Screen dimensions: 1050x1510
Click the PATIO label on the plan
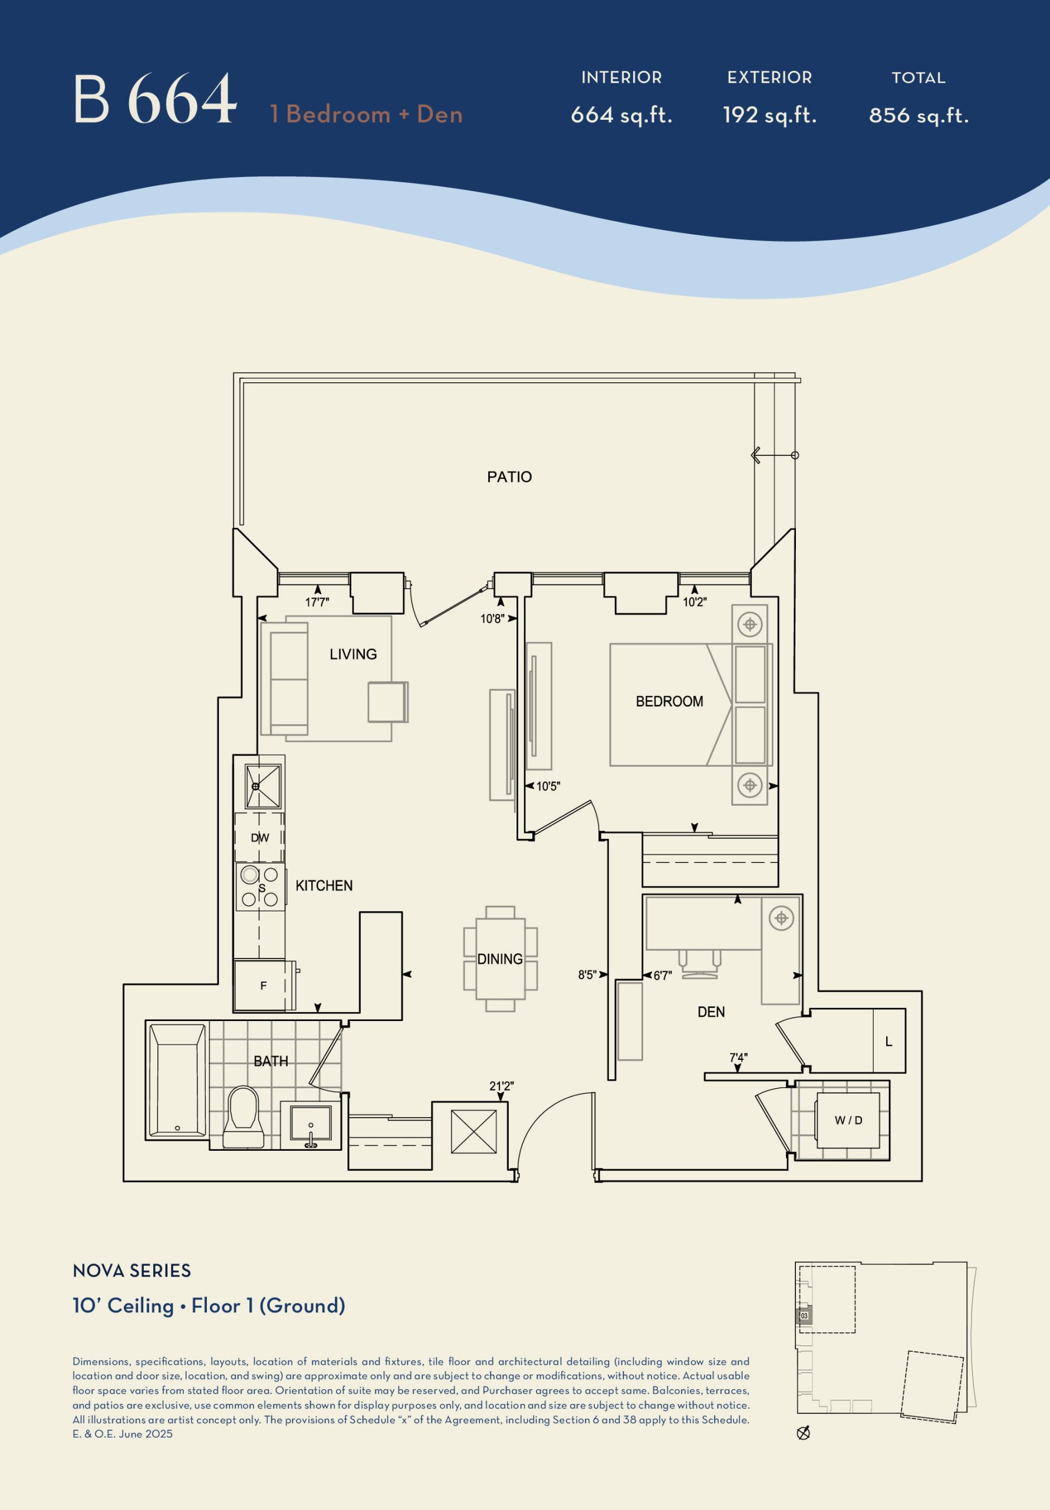pyautogui.click(x=509, y=477)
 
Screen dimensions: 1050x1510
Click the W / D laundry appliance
pyautogui.click(x=848, y=1120)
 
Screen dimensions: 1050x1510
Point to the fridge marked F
pyautogui.click(x=264, y=986)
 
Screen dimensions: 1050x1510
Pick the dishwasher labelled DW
pyautogui.click(x=260, y=837)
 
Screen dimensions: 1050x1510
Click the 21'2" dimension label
pyautogui.click(x=501, y=1086)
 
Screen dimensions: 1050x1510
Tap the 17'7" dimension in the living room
pyautogui.click(x=317, y=602)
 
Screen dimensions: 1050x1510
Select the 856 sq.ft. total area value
pyautogui.click(x=919, y=116)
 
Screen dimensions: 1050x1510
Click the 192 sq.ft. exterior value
pyautogui.click(x=769, y=116)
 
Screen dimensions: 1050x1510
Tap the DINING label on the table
pyautogui.click(x=501, y=959)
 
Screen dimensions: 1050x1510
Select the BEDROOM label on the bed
pyautogui.click(x=669, y=701)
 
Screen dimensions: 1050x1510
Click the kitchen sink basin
pyautogui.click(x=263, y=786)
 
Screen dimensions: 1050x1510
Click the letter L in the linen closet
pyautogui.click(x=889, y=1041)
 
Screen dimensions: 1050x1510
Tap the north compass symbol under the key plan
pyautogui.click(x=803, y=1433)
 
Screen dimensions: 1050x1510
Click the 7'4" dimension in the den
pyautogui.click(x=738, y=1058)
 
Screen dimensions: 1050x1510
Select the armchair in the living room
pyautogui.click(x=388, y=703)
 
